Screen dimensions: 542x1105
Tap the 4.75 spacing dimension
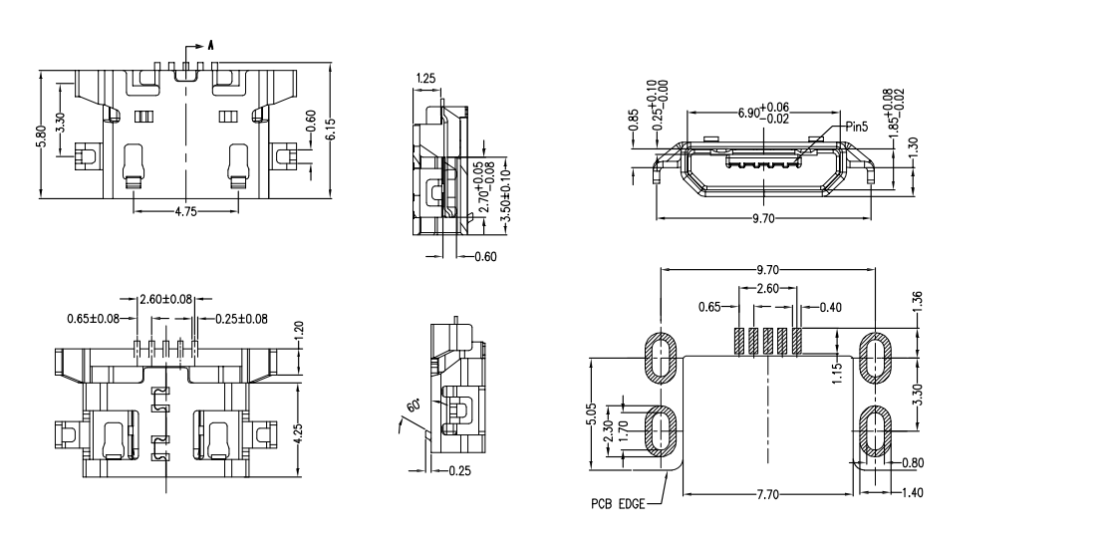pyautogui.click(x=186, y=211)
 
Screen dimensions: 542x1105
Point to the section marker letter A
pyautogui.click(x=210, y=45)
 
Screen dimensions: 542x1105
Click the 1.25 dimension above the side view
pyautogui.click(x=424, y=78)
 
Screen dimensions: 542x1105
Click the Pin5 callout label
pyautogui.click(x=856, y=127)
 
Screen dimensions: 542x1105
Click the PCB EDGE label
pyautogui.click(x=617, y=505)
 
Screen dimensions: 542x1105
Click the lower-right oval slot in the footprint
pyautogui.click(x=875, y=430)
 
